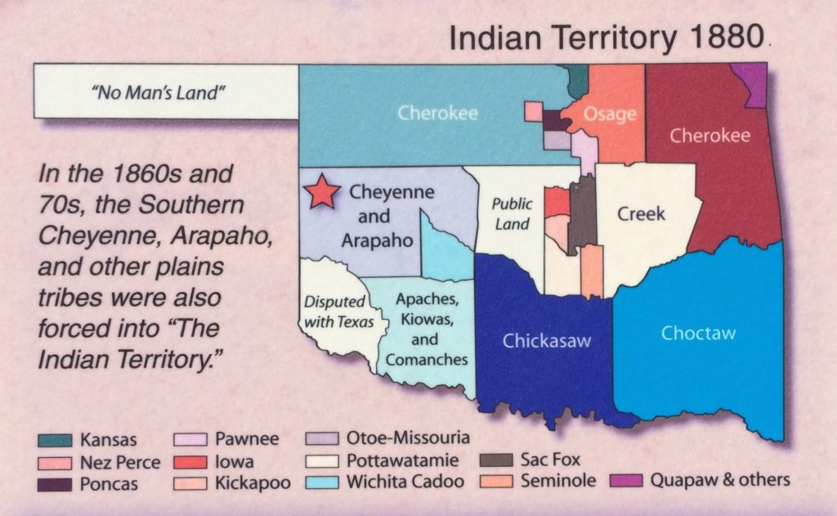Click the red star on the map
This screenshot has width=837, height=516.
(x=322, y=191)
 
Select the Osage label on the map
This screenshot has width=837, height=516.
(x=610, y=114)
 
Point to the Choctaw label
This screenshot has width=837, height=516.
(x=698, y=333)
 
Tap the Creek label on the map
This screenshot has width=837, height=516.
(x=641, y=214)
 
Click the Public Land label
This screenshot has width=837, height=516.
(x=512, y=213)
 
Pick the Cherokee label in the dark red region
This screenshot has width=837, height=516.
(x=709, y=136)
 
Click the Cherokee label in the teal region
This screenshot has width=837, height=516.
(x=437, y=113)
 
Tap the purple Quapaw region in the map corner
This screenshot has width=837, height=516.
(x=752, y=82)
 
